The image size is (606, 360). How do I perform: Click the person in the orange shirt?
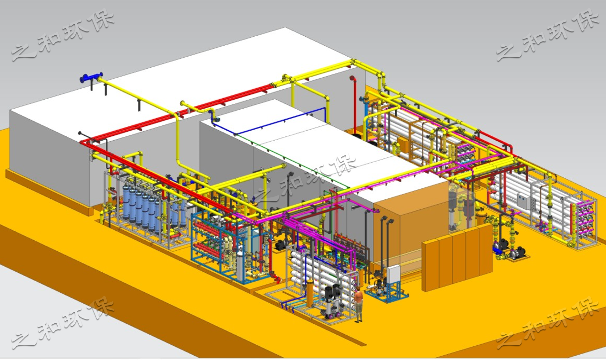[x=359, y=306]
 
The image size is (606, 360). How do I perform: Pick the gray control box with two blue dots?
[x=524, y=201]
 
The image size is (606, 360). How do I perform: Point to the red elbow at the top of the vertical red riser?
[x=352, y=79]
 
